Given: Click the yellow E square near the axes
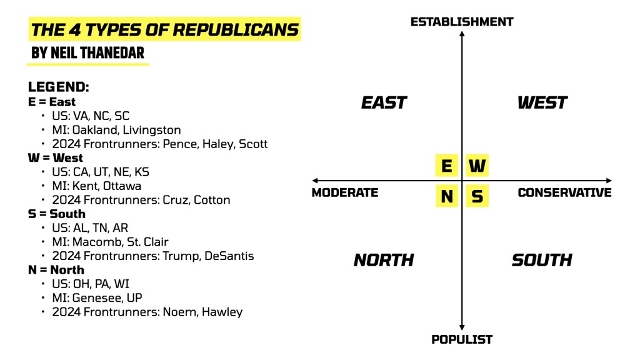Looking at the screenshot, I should [x=446, y=166].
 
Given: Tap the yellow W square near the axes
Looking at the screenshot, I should [x=477, y=166].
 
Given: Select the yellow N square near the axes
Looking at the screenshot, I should [x=446, y=196].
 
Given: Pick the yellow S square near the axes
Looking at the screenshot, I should [x=477, y=196].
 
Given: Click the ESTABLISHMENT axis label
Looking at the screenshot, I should [x=461, y=22].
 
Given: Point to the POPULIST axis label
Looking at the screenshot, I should [x=462, y=339].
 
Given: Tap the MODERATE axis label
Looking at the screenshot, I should [x=345, y=192].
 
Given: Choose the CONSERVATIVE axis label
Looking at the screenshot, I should [x=564, y=192].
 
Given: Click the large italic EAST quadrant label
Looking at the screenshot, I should [x=384, y=102].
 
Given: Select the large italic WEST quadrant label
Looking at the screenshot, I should [x=542, y=102].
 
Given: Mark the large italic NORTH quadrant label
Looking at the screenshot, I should [x=384, y=260].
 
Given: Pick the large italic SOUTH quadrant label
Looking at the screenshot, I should [x=542, y=260].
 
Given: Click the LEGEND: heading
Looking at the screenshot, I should [x=59, y=87].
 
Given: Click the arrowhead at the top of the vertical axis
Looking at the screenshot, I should [x=462, y=32].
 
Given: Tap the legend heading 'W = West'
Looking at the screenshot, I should [x=56, y=157].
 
